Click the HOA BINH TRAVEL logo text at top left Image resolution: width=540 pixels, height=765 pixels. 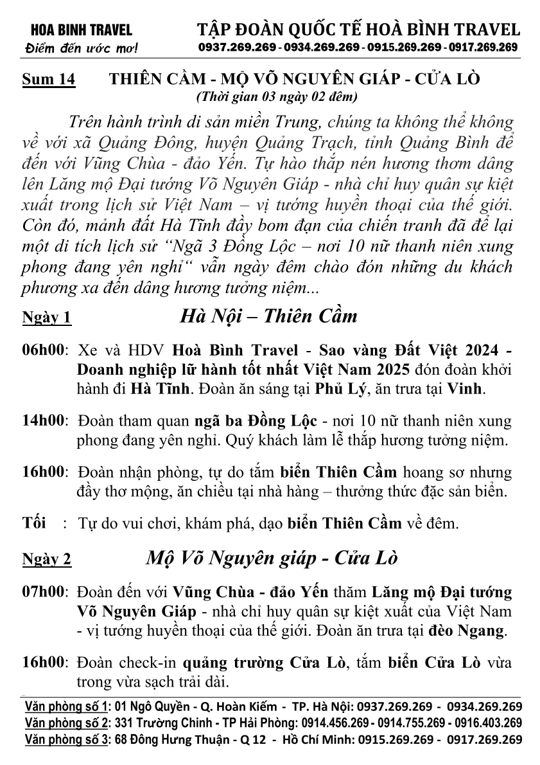pyautogui.click(x=76, y=30)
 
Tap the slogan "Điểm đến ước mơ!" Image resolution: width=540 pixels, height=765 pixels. pyautogui.click(x=76, y=48)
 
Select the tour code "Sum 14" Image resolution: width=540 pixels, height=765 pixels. pyautogui.click(x=48, y=79)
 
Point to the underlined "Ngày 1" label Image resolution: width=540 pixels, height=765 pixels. pyautogui.click(x=46, y=318)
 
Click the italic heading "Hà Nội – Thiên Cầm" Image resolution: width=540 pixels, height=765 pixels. pyautogui.click(x=268, y=316)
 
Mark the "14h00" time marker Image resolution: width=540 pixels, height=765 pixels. pyautogui.click(x=44, y=422)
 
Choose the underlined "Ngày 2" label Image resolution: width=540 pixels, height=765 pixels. pyautogui.click(x=46, y=559)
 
